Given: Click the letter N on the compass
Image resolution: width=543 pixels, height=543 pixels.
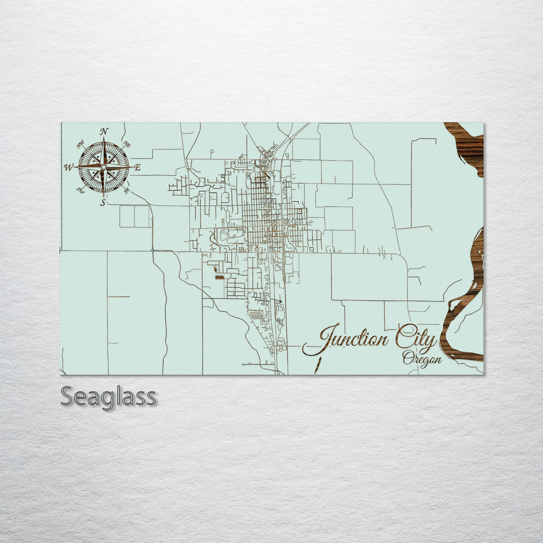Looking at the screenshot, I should click(104, 132).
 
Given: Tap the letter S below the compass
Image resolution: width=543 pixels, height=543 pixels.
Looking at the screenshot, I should click(103, 203).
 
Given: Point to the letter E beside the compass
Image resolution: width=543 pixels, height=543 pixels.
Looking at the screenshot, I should click(138, 167).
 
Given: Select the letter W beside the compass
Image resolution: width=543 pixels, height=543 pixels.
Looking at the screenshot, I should click(68, 167).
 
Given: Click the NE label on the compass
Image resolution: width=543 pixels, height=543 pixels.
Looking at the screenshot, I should click(127, 144).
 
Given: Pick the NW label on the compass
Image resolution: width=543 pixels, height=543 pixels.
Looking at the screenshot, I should click(80, 145).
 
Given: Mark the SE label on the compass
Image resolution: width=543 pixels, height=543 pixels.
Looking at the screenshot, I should click(127, 190).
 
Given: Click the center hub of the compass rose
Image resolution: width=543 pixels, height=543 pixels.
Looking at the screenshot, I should click(104, 167).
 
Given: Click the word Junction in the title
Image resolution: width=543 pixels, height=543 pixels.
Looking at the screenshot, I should click(347, 339).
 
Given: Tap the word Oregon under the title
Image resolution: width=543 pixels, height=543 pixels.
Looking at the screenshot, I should click(422, 359).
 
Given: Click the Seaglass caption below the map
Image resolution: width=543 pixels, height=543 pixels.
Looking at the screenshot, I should click(108, 397).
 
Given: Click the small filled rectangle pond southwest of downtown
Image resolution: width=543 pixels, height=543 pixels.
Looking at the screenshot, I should click(220, 277).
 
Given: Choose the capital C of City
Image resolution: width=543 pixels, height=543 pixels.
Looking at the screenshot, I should click(403, 337).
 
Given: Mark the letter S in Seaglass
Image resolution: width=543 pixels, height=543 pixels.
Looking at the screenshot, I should click(68, 397).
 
